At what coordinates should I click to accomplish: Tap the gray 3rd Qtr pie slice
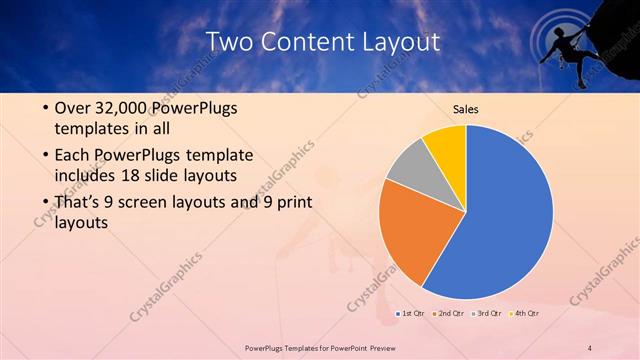tap(408, 167)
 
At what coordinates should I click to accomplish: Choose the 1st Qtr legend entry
tap(410, 314)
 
